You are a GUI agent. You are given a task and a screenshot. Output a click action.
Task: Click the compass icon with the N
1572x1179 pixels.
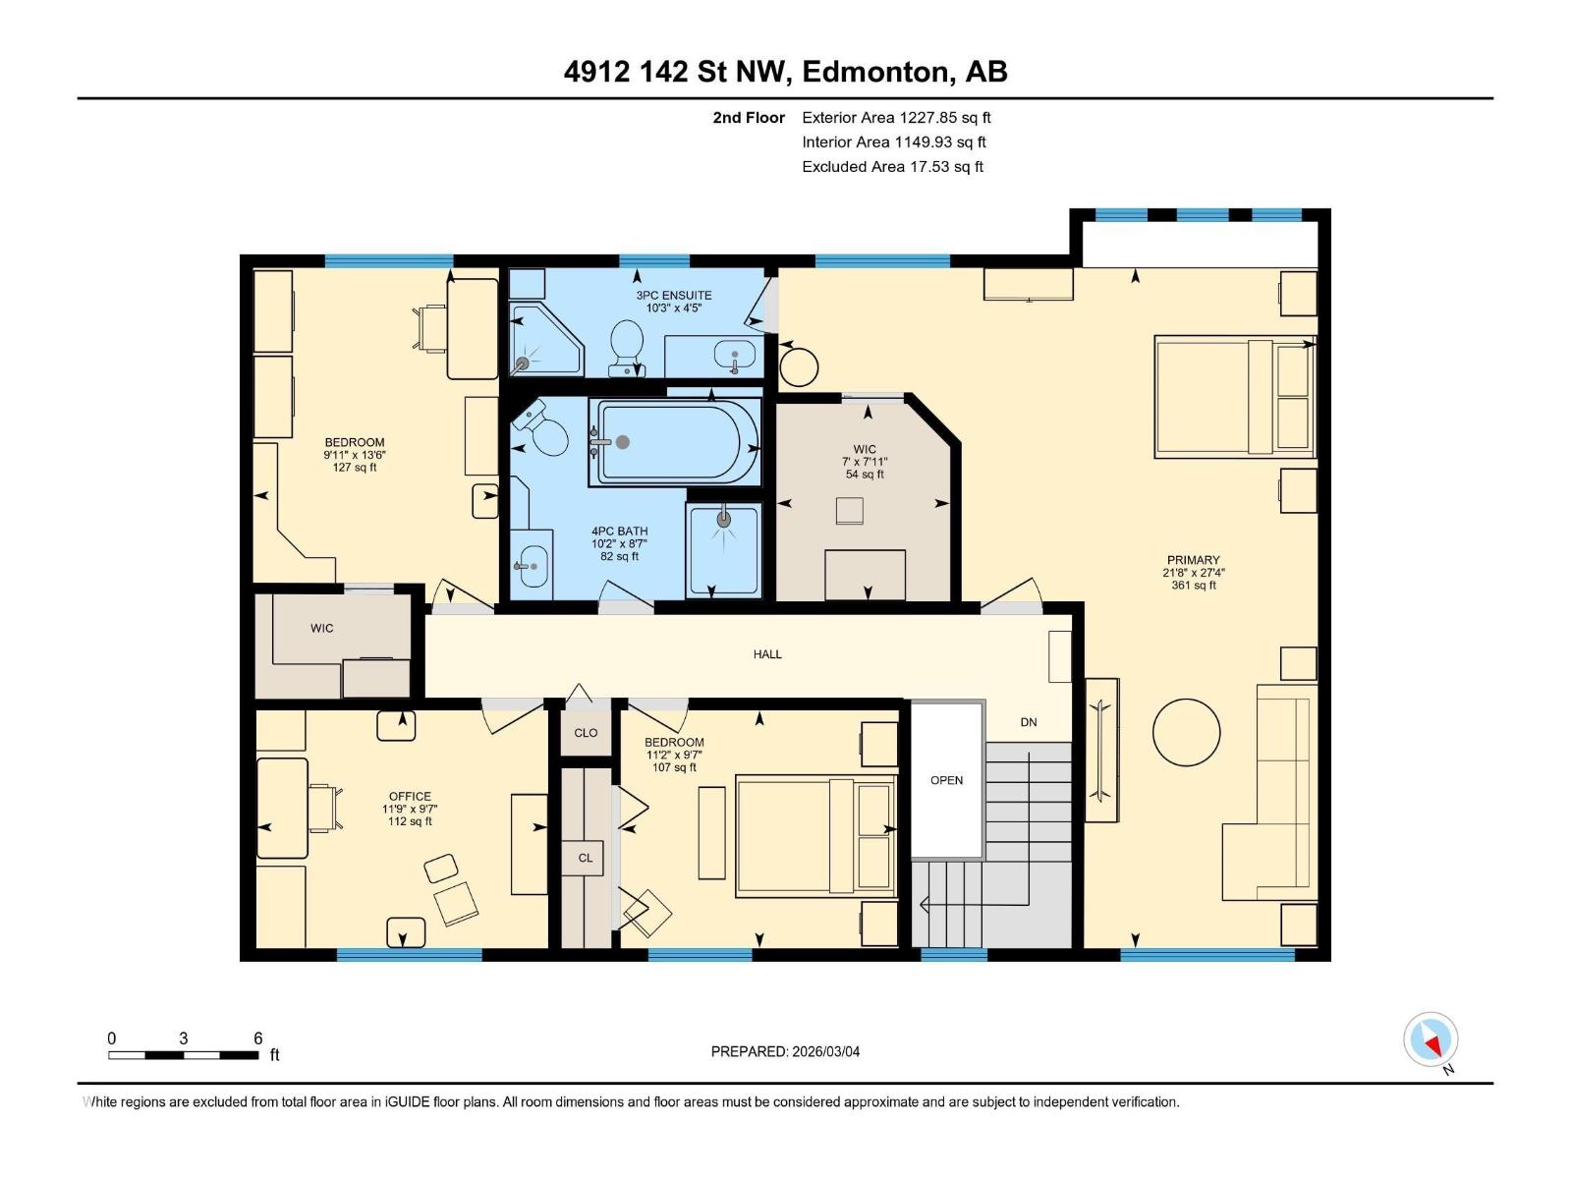point(1432,1040)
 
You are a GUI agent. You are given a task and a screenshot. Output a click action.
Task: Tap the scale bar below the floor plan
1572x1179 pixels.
point(184,1055)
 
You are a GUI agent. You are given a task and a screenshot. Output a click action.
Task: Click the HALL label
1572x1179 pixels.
point(767,654)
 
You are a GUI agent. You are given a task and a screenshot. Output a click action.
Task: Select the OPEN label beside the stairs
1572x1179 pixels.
point(946,780)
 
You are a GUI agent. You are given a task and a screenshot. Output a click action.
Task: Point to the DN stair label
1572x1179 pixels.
point(1029,722)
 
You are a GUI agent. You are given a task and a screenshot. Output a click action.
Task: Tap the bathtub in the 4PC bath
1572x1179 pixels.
point(675,442)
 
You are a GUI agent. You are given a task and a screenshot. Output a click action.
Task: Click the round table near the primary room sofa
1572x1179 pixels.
point(1186,732)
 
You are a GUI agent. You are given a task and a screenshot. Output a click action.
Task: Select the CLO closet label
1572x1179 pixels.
point(586,733)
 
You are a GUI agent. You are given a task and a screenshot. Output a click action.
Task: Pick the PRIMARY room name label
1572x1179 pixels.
point(1193,560)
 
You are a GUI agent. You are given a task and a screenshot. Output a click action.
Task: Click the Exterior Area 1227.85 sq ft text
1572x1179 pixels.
point(896,118)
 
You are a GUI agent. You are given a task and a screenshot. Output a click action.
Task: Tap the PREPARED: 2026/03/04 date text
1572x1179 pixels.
point(785,1051)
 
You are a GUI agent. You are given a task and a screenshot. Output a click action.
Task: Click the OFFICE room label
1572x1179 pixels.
point(410,797)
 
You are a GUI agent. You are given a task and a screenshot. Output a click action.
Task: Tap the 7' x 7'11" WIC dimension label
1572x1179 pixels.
point(865,462)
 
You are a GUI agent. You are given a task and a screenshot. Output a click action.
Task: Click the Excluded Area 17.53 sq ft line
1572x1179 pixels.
point(892,167)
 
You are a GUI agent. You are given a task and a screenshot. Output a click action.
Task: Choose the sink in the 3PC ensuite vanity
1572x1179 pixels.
point(733,354)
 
